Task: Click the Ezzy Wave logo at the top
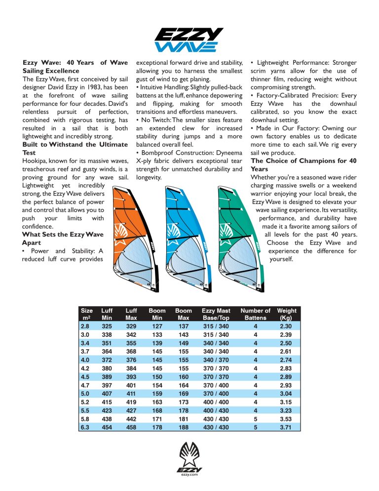point(189,40)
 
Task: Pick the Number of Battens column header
point(255,314)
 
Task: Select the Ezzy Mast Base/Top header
point(216,314)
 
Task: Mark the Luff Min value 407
point(107,393)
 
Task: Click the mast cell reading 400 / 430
point(216,410)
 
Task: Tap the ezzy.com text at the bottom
point(189,474)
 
